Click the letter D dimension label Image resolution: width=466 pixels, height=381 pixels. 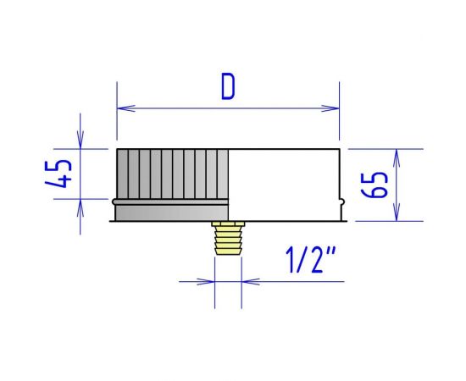click(x=228, y=86)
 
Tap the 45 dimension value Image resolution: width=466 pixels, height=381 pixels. click(x=58, y=174)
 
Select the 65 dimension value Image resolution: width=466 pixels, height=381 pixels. click(x=374, y=185)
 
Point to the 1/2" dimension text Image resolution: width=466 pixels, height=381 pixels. click(x=311, y=260)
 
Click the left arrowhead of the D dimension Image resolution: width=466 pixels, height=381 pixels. click(x=126, y=108)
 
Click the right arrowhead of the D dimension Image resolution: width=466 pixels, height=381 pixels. click(x=330, y=108)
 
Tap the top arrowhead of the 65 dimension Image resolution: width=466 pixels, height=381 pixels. click(x=397, y=158)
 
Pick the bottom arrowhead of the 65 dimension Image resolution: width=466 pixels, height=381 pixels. click(x=397, y=212)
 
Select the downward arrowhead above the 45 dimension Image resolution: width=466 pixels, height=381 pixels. click(x=80, y=140)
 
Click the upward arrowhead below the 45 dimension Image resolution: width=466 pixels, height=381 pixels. click(x=80, y=208)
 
